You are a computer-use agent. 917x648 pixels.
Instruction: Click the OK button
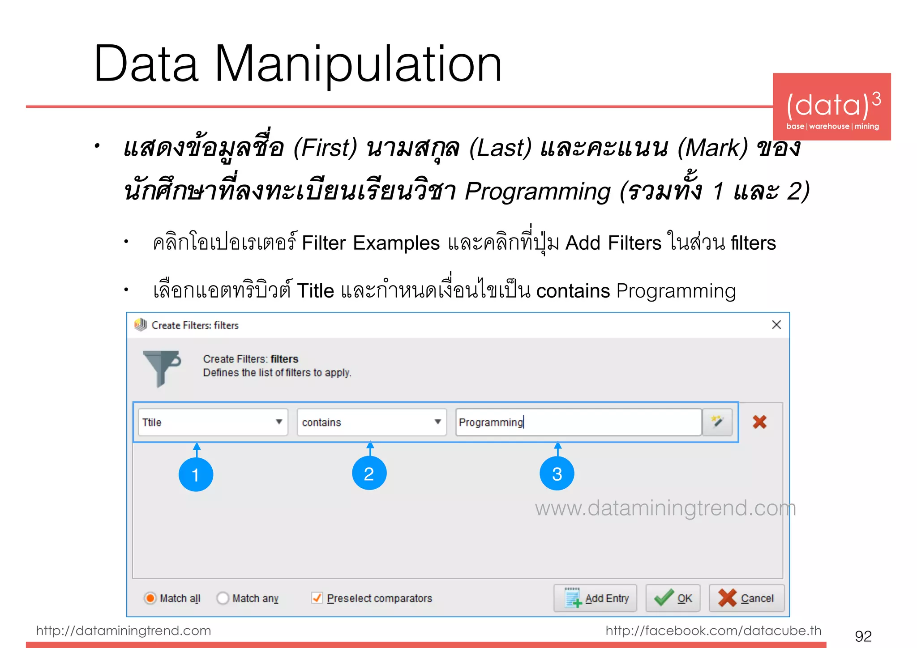tap(673, 598)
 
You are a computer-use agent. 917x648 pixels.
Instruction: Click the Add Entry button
tap(595, 598)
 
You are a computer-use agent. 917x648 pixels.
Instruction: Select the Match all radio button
tap(150, 598)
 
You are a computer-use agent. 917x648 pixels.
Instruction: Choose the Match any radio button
tap(223, 598)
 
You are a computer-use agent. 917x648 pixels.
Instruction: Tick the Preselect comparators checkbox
tap(317, 598)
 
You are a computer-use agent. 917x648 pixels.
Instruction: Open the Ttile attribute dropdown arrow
tap(279, 422)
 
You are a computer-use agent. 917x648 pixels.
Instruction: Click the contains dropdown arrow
tap(438, 422)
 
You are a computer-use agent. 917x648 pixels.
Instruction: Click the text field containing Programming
tap(578, 422)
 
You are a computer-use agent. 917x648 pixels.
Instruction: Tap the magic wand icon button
tap(717, 422)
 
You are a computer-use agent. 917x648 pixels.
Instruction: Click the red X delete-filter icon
tap(759, 422)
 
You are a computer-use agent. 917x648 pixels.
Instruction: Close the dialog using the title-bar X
tap(776, 325)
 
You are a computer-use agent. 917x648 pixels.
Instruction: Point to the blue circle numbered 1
tap(196, 474)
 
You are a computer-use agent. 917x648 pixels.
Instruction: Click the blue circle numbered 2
tap(369, 473)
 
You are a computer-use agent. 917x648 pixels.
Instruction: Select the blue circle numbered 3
tap(557, 473)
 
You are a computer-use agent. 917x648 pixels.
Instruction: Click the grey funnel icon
tap(161, 367)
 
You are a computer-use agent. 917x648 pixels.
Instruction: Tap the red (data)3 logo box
tap(831, 107)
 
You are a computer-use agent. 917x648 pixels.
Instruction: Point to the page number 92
tap(863, 636)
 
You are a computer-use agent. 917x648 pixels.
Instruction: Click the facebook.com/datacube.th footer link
tap(713, 631)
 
